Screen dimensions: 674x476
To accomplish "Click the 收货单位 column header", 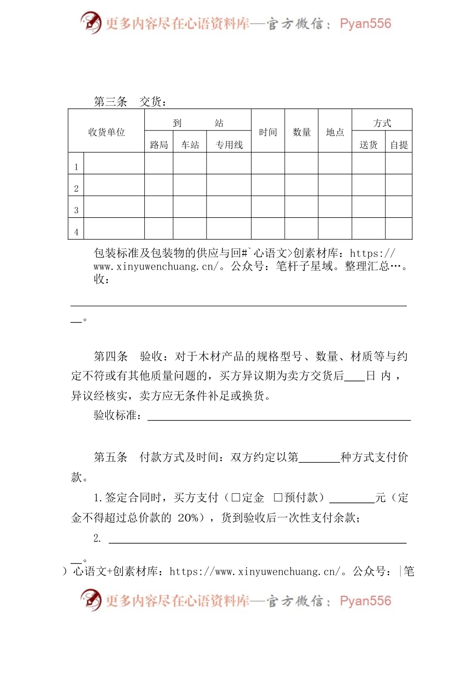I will [x=106, y=132].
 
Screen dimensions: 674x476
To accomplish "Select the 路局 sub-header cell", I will [x=159, y=145].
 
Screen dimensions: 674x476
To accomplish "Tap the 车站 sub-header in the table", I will [x=190, y=145].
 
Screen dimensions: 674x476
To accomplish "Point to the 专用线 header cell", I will [x=229, y=145].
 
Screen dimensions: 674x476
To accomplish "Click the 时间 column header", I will [x=268, y=132].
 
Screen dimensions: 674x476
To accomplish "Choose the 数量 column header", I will [x=302, y=132].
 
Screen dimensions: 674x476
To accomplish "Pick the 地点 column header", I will [x=335, y=132].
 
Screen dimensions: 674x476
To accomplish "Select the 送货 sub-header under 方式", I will [x=368, y=145].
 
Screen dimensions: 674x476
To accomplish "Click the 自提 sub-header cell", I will [x=399, y=145].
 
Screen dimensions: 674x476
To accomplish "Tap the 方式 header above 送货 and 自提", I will [x=382, y=123].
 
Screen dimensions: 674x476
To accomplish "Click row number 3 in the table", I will [x=76, y=210].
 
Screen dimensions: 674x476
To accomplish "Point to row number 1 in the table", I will [x=76, y=167].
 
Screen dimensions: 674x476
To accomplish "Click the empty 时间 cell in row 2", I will [x=268, y=185].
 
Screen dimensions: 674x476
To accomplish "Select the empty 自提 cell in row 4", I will [x=399, y=228].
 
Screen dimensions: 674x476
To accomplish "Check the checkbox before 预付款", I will [x=278, y=497].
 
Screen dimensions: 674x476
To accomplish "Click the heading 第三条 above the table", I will [x=111, y=101].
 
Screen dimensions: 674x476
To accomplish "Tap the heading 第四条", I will [x=111, y=356].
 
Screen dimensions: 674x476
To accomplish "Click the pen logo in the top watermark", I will [x=91, y=23].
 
